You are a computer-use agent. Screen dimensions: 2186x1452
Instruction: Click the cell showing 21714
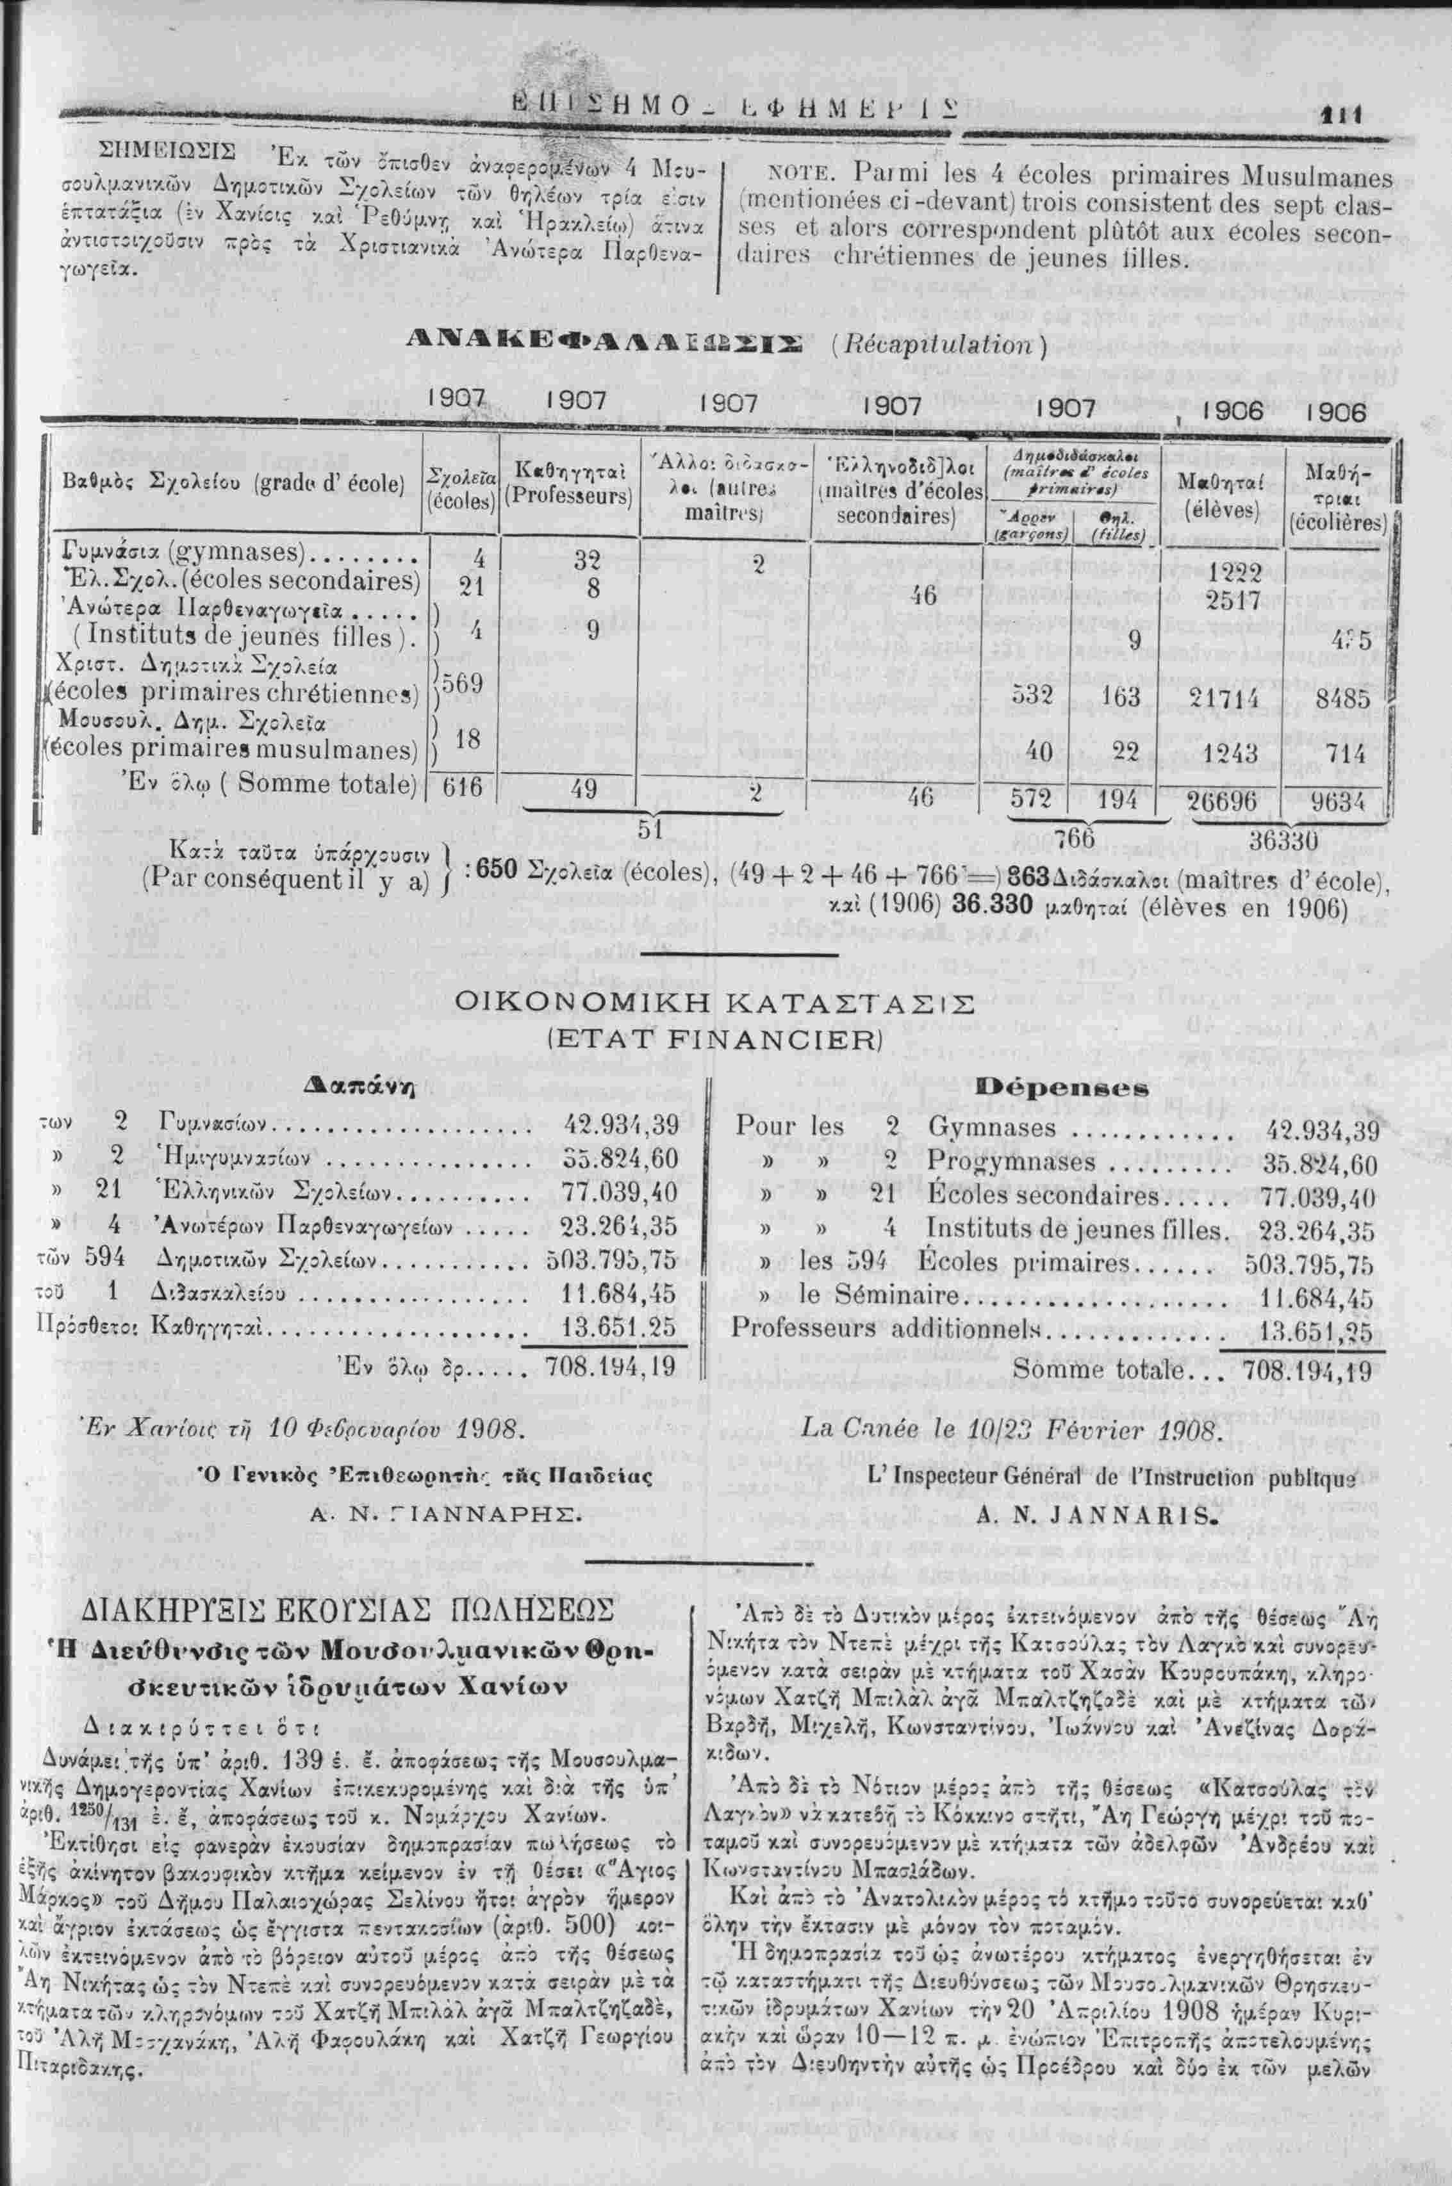point(1227,699)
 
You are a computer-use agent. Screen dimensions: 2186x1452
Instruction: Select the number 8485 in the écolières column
point(1342,698)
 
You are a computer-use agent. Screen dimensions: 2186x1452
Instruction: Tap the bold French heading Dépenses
point(1076,1085)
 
